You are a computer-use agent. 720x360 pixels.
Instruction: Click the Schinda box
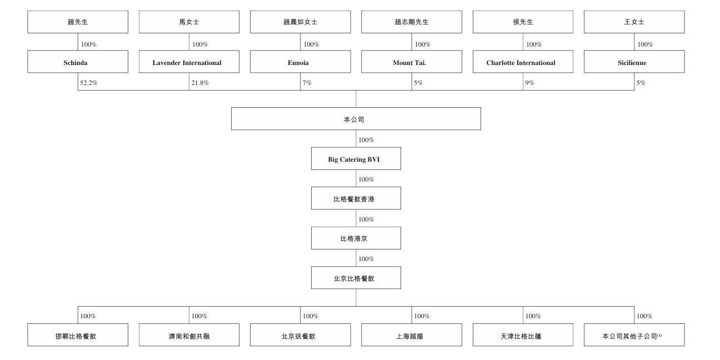(x=78, y=63)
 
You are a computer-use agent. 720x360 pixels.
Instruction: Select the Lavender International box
(x=189, y=63)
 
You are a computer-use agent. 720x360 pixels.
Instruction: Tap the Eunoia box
(x=300, y=63)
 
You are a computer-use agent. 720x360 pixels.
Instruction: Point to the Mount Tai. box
(x=411, y=63)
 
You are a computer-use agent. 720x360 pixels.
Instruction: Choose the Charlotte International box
(x=523, y=63)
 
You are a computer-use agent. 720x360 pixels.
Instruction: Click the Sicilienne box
(x=634, y=63)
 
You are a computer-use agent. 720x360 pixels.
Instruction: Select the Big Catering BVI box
(x=356, y=159)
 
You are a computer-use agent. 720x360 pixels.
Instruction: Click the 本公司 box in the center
(x=356, y=119)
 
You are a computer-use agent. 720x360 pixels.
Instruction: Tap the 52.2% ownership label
(x=88, y=83)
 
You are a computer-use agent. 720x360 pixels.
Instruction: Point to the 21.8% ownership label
(x=199, y=83)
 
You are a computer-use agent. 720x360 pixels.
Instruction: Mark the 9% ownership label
(x=529, y=83)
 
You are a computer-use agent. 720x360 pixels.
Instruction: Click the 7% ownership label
(x=307, y=83)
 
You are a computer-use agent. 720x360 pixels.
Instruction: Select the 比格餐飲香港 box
(x=356, y=198)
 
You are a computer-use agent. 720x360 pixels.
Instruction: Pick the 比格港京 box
(x=356, y=238)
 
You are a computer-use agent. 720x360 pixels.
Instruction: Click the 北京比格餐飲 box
(x=356, y=278)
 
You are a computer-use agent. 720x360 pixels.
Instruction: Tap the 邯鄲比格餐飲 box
(x=78, y=336)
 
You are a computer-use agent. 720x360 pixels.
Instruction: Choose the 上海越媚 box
(x=411, y=336)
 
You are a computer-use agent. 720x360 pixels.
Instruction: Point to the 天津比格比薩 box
(x=523, y=336)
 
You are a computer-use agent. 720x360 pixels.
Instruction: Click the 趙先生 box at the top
(x=78, y=22)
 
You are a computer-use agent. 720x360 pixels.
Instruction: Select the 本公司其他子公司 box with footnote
(x=634, y=336)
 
